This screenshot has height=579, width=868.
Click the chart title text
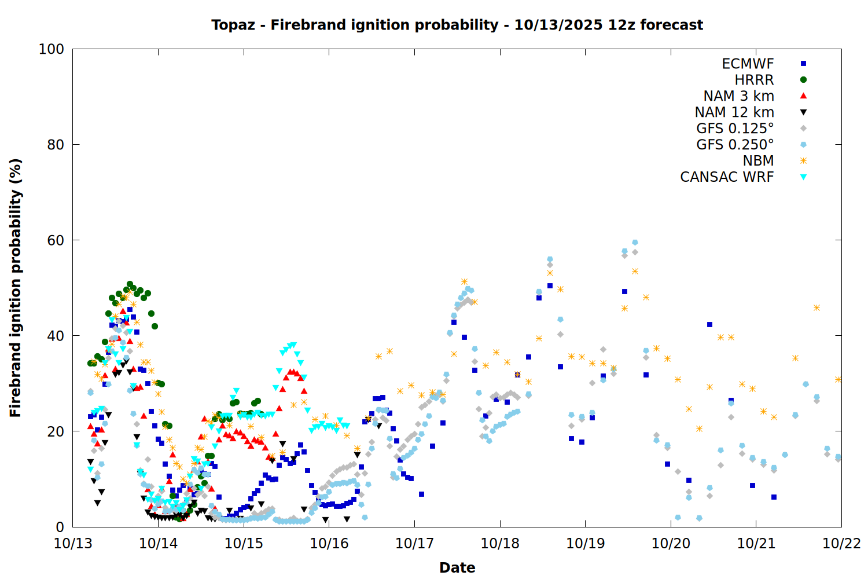[x=457, y=25]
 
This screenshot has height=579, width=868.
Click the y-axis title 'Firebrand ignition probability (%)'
[x=15, y=288]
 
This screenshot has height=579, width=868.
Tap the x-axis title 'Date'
[x=457, y=567]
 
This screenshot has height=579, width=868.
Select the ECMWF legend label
[x=748, y=64]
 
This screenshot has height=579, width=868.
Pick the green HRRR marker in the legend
[x=803, y=80]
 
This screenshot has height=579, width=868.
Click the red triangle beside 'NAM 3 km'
[x=803, y=96]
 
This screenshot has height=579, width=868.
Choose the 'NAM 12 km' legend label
[x=734, y=112]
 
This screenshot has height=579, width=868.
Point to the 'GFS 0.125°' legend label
[x=735, y=129]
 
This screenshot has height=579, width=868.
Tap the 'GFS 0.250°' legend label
[x=735, y=145]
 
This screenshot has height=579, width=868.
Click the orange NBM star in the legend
[x=803, y=161]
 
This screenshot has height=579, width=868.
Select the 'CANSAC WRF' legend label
[x=727, y=177]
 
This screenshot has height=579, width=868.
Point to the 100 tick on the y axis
[x=52, y=49]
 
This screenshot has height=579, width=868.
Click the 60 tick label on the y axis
[x=56, y=240]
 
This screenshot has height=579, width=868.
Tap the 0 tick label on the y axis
[x=60, y=527]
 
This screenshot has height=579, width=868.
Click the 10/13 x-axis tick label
[x=73, y=544]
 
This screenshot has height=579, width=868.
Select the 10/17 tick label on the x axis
[x=414, y=544]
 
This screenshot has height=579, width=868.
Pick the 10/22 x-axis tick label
[x=841, y=544]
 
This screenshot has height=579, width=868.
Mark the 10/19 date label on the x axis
[x=585, y=544]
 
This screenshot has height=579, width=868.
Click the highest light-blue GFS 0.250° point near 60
[x=635, y=243]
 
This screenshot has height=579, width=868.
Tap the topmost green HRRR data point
[x=130, y=284]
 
